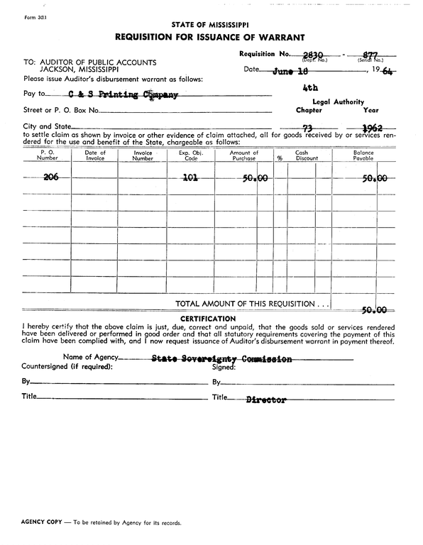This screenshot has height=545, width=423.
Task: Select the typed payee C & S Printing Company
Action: (x=119, y=94)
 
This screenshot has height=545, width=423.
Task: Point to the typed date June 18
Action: (x=291, y=70)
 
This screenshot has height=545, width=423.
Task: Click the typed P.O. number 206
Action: (x=51, y=177)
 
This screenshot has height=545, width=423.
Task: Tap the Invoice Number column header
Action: (x=143, y=155)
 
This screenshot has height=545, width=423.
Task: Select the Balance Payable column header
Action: (x=363, y=155)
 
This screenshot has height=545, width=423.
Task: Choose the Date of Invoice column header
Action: (x=95, y=155)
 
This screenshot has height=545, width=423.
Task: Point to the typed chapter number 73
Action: (x=308, y=128)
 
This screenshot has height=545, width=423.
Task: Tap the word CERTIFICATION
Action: (x=209, y=319)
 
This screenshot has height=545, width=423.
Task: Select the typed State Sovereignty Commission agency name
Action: (x=221, y=359)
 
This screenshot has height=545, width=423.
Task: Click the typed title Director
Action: (x=265, y=400)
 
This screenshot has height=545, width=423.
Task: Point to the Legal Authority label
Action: (x=339, y=102)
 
